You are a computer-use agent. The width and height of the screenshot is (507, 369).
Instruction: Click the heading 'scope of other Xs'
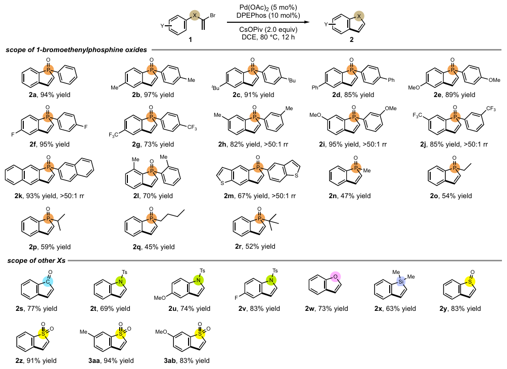34,261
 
